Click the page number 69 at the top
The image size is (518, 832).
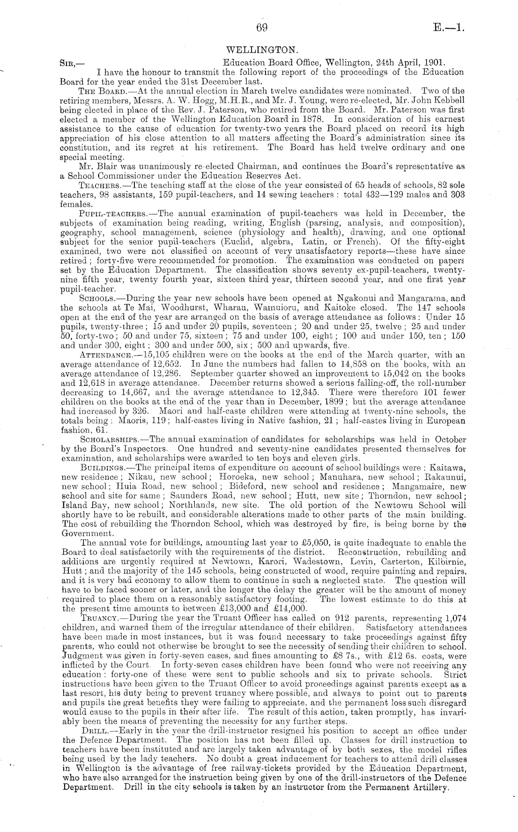[262, 28]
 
